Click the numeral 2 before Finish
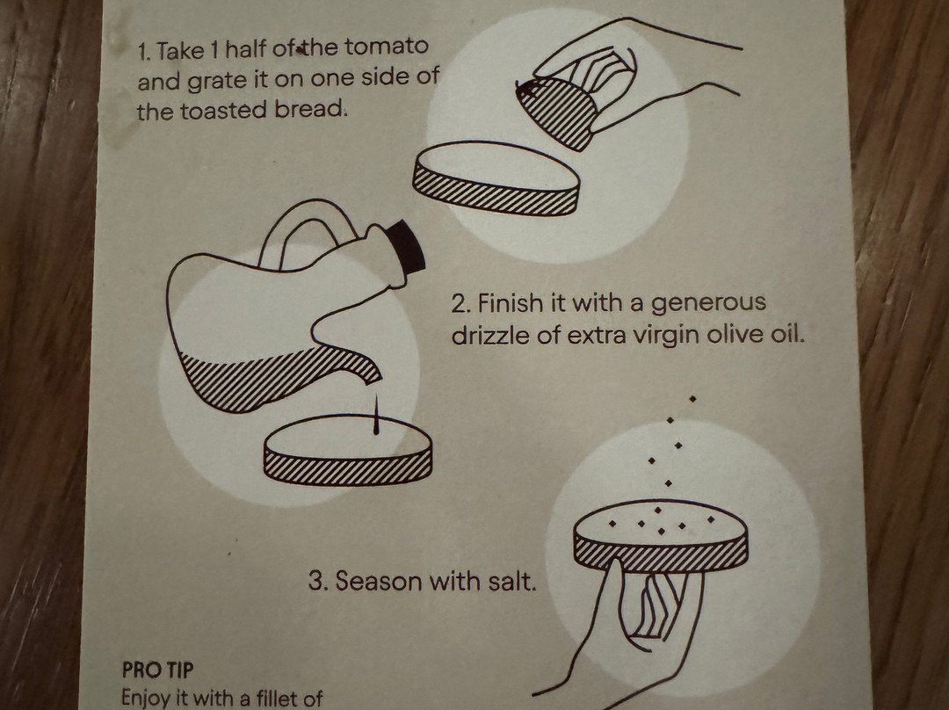460,303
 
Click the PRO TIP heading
158,670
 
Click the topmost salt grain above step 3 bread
692,399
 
